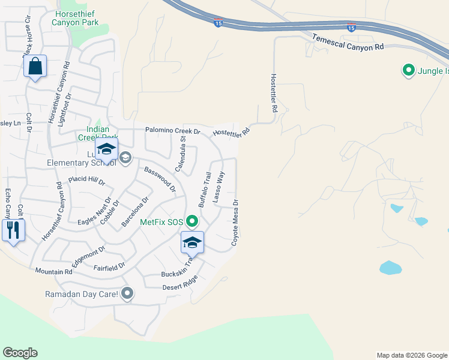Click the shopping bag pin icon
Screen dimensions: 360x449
click(35, 67)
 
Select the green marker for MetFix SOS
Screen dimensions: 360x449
click(192, 222)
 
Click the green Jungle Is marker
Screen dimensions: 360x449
click(409, 71)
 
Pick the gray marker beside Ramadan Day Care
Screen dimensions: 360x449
click(127, 294)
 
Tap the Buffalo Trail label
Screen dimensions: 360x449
click(205, 190)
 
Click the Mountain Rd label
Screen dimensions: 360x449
click(53, 272)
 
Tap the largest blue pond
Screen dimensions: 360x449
click(390, 268)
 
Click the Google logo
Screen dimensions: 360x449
click(20, 353)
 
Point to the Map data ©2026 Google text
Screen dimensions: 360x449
click(411, 355)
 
